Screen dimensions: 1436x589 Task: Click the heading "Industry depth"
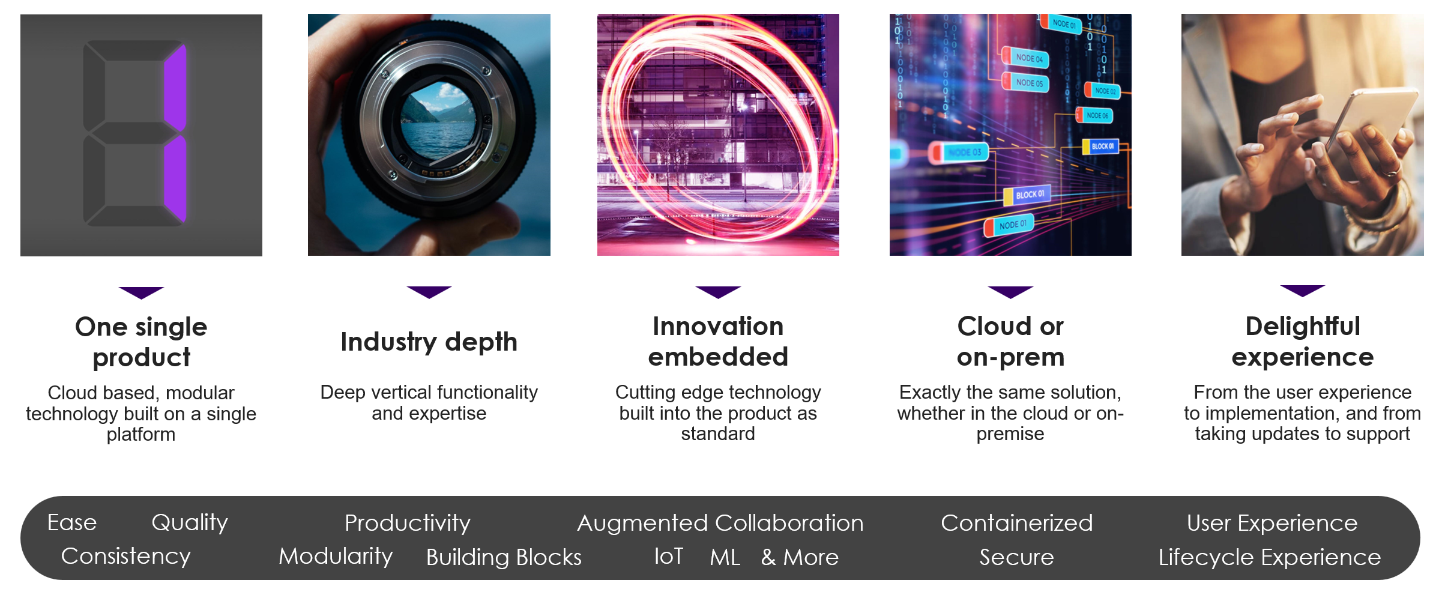click(429, 342)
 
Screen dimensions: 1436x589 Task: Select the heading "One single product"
click(141, 342)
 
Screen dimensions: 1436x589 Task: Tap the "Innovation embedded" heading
click(718, 342)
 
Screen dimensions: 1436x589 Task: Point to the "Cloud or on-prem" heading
click(1010, 342)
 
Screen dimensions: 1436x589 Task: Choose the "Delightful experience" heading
click(1302, 342)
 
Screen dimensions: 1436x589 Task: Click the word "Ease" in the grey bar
click(72, 522)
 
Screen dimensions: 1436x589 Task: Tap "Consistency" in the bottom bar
click(126, 557)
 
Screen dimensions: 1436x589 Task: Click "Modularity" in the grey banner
click(336, 557)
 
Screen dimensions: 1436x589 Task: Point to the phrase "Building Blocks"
click(504, 557)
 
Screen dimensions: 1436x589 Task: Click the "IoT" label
click(669, 557)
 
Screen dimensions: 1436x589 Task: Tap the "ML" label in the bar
click(725, 557)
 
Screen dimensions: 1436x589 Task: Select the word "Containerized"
click(1016, 523)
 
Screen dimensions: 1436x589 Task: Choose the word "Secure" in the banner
click(1016, 557)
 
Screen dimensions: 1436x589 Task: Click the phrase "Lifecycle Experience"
click(1269, 557)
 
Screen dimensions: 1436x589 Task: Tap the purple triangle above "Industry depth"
click(429, 292)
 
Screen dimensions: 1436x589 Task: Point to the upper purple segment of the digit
click(175, 88)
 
